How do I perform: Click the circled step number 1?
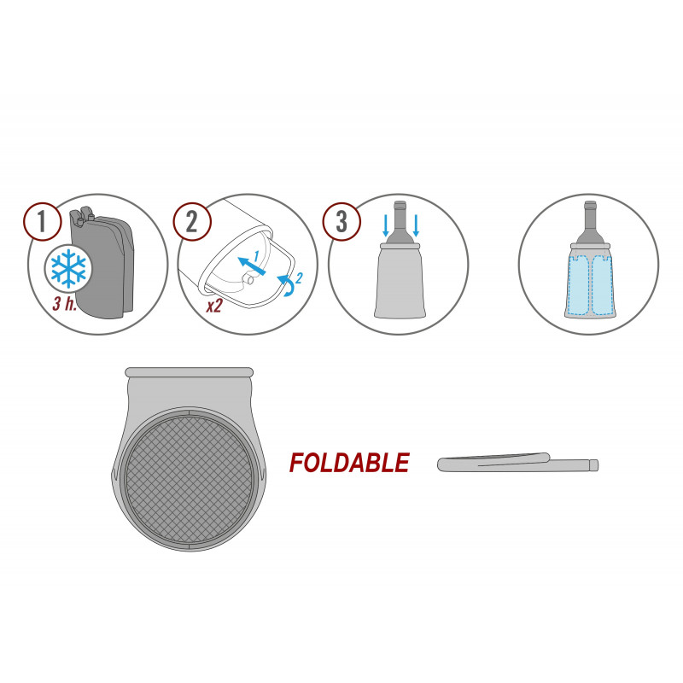point(42,222)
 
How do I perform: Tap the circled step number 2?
point(192,222)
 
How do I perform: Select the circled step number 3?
point(341,222)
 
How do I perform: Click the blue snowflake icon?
point(68,268)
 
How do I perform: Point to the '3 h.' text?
point(65,304)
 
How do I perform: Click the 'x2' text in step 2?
point(214,306)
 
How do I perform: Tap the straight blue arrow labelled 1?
point(251,266)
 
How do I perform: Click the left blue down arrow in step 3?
point(386,225)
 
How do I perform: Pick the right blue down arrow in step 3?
point(416,225)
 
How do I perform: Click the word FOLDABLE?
point(349,463)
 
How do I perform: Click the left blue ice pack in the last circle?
point(579,285)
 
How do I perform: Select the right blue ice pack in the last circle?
point(603,285)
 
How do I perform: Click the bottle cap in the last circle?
point(590,205)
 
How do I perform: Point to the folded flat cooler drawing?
point(517,463)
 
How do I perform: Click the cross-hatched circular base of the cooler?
point(189,479)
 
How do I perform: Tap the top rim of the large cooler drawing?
point(189,372)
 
